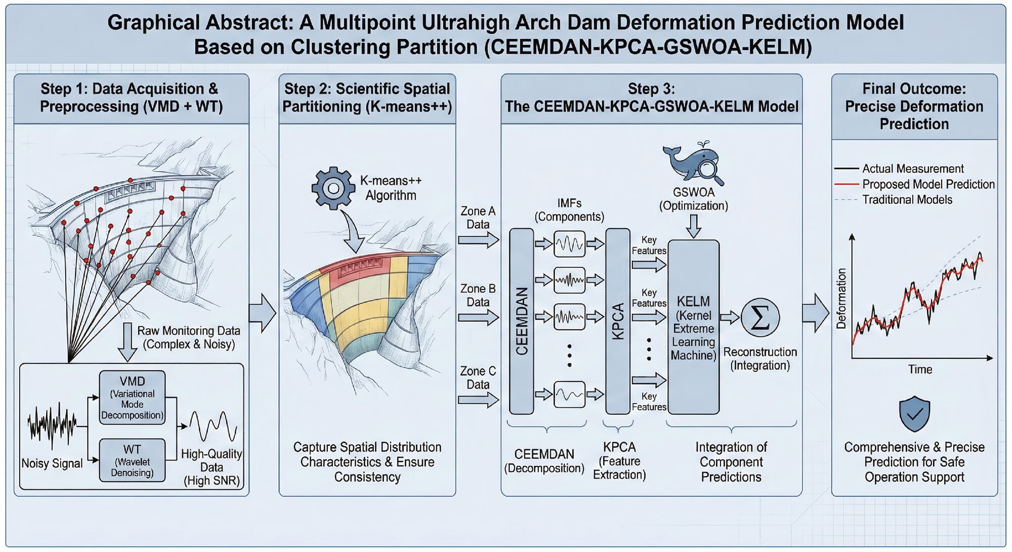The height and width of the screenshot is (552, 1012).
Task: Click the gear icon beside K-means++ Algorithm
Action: pos(333,189)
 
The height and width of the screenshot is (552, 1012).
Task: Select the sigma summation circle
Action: pos(760,318)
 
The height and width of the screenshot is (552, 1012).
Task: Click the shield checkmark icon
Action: pos(914,414)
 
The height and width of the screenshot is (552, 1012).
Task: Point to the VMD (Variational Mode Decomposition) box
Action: pos(132,398)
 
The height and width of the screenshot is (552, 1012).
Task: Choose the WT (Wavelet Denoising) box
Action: pos(132,460)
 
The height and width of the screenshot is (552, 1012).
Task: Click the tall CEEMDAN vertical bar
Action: pos(522,321)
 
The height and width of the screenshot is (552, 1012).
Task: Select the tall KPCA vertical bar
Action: pos(618,321)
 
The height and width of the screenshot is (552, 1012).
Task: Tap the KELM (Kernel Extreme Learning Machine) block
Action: pos(693,327)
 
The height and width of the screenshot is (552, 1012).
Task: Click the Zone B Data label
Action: pos(478,295)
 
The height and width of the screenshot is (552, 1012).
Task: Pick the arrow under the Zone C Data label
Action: pos(478,400)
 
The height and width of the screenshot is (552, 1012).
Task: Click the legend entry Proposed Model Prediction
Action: pos(928,184)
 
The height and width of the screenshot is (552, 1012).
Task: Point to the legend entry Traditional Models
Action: pos(907,200)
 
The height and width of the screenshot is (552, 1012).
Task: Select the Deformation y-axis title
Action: pos(841,299)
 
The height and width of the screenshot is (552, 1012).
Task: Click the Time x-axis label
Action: pos(919,369)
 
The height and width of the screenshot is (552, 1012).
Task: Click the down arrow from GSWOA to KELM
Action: pos(694,226)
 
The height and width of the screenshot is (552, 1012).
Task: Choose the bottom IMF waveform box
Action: pos(569,394)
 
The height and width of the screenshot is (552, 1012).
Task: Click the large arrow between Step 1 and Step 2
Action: pos(263,314)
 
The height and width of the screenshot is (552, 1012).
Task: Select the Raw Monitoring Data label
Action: pos(189,337)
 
